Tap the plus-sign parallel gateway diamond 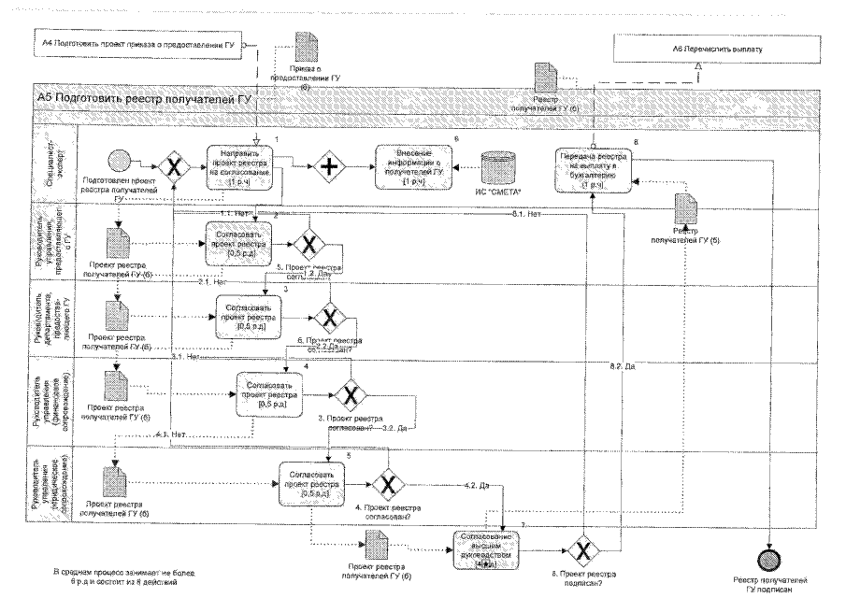tap(328, 169)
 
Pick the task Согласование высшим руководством tap(485, 548)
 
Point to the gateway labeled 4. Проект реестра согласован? tap(388, 483)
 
